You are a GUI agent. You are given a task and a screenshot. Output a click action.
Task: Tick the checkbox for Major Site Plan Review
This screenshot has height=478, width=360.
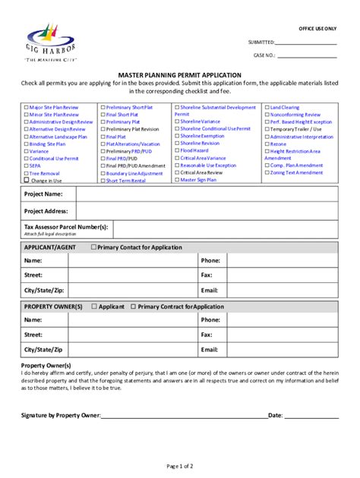(27, 108)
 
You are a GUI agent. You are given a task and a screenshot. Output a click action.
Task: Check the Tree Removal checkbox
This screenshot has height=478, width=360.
(27, 173)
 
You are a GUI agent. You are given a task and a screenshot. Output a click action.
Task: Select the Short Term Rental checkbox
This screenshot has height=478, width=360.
(102, 181)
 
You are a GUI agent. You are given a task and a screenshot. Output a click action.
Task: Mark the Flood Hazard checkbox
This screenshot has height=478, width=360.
(177, 151)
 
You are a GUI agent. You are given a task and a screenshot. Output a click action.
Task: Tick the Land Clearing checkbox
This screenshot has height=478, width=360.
(267, 108)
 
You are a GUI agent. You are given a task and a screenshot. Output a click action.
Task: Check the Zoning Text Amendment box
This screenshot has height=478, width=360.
(267, 173)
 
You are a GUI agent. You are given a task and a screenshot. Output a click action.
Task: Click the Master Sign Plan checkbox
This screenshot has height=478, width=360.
(177, 180)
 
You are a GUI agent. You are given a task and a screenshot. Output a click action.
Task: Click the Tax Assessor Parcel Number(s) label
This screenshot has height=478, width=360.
(65, 227)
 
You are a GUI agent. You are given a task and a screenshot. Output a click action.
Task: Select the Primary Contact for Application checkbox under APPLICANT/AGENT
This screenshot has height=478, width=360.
(93, 247)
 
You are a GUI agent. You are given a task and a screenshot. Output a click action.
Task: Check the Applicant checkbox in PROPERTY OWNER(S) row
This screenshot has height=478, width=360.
(93, 307)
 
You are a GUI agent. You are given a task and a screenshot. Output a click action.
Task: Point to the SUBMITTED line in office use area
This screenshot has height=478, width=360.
(305, 42)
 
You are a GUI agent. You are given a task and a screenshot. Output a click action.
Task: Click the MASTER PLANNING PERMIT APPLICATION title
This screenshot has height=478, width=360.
(179, 75)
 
